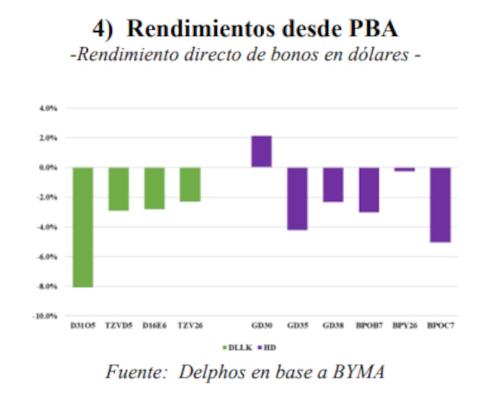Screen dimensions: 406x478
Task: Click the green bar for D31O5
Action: pyautogui.click(x=83, y=227)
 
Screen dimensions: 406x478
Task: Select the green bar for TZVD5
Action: pyautogui.click(x=118, y=189)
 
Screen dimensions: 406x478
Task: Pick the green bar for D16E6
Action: pyautogui.click(x=154, y=188)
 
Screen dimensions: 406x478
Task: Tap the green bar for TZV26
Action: pyautogui.click(x=190, y=184)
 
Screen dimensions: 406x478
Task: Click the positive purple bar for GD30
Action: pyautogui.click(x=261, y=152)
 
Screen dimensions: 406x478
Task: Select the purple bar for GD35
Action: pyautogui.click(x=297, y=198)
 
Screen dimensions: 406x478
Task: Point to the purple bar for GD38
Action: pyautogui.click(x=333, y=184)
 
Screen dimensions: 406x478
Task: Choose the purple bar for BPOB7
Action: pyautogui.click(x=369, y=189)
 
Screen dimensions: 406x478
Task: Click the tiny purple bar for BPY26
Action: pyautogui.click(x=405, y=170)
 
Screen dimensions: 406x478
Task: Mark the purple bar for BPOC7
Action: pyautogui.click(x=440, y=204)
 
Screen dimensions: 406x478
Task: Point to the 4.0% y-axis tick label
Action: pyautogui.click(x=48, y=109)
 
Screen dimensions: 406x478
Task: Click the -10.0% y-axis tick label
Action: pyautogui.click(x=45, y=316)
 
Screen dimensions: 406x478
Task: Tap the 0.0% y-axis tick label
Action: pyautogui.click(x=48, y=168)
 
